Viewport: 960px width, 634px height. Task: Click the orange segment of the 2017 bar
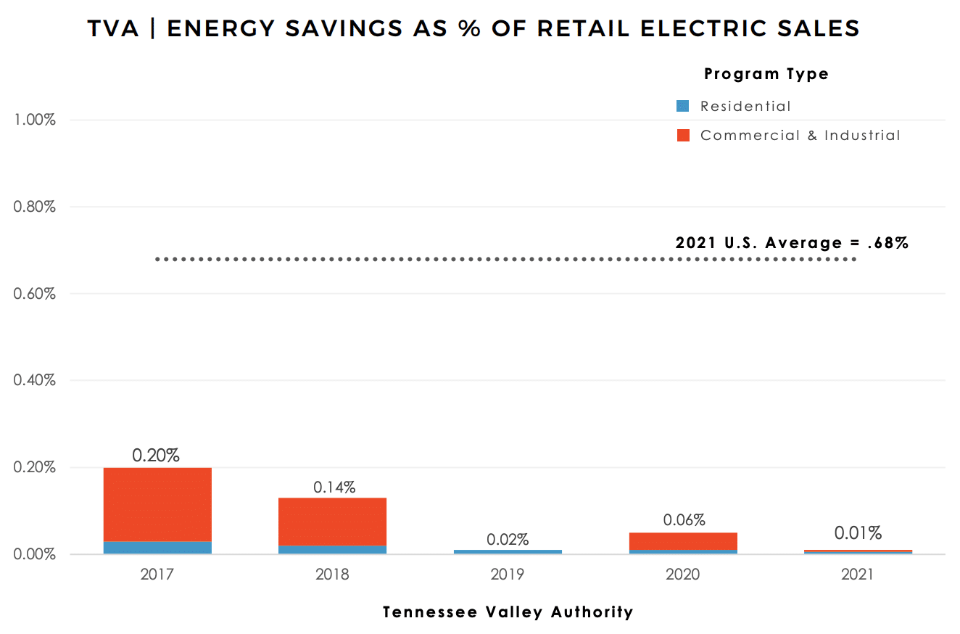point(157,504)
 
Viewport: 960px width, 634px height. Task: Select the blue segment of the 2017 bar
point(157,548)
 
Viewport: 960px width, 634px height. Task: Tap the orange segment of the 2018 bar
point(332,521)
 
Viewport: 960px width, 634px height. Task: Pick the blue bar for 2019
point(508,552)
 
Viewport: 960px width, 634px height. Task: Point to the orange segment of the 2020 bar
point(683,541)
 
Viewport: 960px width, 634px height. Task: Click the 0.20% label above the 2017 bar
point(156,456)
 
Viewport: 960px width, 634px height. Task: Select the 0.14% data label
point(334,487)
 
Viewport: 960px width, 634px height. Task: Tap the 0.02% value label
point(508,540)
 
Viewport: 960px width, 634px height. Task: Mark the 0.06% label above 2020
point(684,520)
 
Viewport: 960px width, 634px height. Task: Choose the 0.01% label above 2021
point(858,533)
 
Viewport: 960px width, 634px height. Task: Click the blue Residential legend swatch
point(682,106)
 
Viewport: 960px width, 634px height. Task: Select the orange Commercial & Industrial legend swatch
point(682,135)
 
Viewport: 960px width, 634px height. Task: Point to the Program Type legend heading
point(766,73)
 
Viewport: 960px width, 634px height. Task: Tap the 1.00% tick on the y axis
point(35,120)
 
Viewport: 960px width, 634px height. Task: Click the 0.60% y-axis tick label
point(35,294)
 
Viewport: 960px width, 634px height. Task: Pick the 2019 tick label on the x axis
point(508,575)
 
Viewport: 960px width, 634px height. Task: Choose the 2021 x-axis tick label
point(858,575)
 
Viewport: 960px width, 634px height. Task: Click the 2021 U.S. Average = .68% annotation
point(792,243)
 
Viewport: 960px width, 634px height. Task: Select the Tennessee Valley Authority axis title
point(508,612)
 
